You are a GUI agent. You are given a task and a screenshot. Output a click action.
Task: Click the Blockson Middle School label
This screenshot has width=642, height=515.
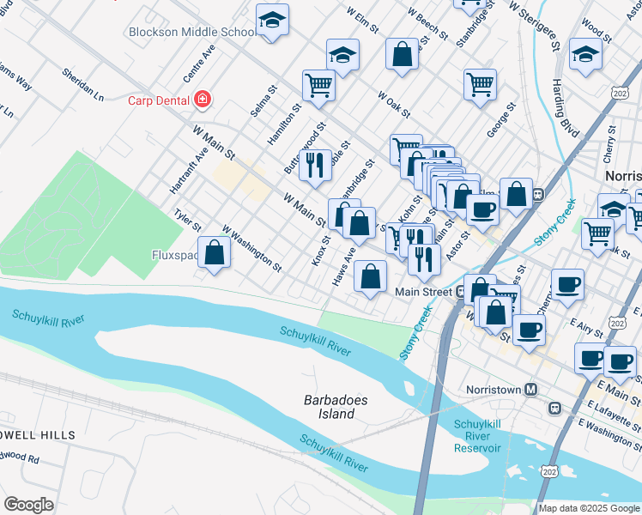pos(191,32)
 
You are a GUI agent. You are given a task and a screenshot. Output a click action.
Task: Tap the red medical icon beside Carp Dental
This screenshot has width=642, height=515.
pos(203,100)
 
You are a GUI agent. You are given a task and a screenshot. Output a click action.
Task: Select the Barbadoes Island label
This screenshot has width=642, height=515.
pos(330,407)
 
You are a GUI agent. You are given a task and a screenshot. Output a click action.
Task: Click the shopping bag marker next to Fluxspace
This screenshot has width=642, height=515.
pos(215,253)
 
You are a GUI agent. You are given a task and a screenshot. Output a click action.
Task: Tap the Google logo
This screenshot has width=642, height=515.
pos(28,505)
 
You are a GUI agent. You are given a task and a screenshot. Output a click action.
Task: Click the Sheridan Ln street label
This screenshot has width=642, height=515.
pos(82,82)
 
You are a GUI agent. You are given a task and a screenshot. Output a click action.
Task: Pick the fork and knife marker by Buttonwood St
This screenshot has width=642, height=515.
pos(315,164)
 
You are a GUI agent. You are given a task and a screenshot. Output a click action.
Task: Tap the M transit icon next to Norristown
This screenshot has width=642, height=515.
pos(530,389)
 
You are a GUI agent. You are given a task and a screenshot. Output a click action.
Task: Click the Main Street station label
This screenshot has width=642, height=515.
pos(423,292)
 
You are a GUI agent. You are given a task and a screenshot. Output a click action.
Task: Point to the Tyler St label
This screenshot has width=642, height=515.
pos(187,221)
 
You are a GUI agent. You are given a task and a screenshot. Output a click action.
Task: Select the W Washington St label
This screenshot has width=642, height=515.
pos(251,248)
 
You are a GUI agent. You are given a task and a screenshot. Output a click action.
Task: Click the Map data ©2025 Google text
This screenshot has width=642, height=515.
pos(589,507)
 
